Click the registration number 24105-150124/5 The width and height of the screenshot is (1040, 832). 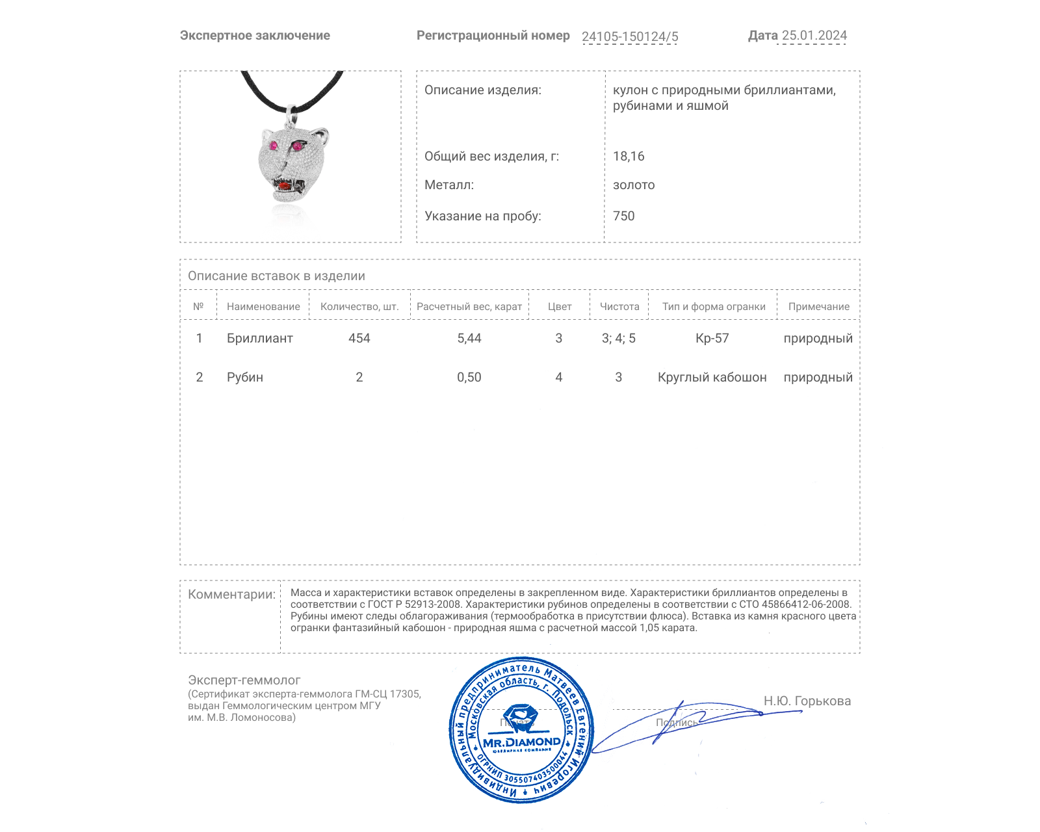pyautogui.click(x=629, y=36)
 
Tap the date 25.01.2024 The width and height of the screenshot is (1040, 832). pyautogui.click(x=814, y=36)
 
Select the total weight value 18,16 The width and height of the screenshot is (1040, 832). pyautogui.click(x=628, y=156)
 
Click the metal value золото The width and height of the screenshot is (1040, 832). pyautogui.click(x=633, y=185)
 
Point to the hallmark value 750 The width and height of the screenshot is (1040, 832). pyautogui.click(x=623, y=216)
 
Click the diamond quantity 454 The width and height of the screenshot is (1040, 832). pyautogui.click(x=359, y=338)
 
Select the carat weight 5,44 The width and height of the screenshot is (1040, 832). pyautogui.click(x=469, y=338)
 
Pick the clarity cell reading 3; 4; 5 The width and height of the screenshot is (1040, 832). pyautogui.click(x=618, y=338)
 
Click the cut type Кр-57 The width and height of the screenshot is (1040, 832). pyautogui.click(x=712, y=338)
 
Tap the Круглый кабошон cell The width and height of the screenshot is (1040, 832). pyautogui.click(x=712, y=377)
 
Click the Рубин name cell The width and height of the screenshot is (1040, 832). pyautogui.click(x=244, y=377)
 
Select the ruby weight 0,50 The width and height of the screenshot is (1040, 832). pyautogui.click(x=469, y=377)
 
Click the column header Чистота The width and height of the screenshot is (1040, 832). pyautogui.click(x=619, y=307)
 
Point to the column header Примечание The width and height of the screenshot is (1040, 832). pyautogui.click(x=818, y=307)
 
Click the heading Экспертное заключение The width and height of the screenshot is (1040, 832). pyautogui.click(x=255, y=36)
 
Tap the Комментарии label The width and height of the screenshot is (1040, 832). pyautogui.click(x=231, y=594)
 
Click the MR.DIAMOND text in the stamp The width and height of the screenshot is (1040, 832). pyautogui.click(x=521, y=742)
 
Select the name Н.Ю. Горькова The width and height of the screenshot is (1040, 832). pyautogui.click(x=807, y=701)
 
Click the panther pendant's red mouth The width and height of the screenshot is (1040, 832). pyautogui.click(x=285, y=187)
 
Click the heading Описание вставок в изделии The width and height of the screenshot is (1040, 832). pyautogui.click(x=276, y=276)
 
